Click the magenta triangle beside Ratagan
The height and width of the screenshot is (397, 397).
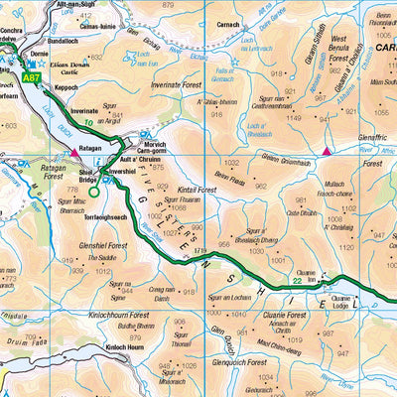(x=72, y=154)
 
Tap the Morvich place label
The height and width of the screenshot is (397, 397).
(x=154, y=141)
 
